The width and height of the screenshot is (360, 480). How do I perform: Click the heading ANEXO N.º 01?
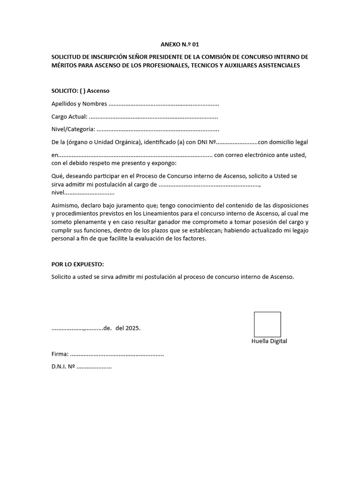tap(180, 45)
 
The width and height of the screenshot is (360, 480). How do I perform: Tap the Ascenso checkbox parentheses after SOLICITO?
tap(82, 90)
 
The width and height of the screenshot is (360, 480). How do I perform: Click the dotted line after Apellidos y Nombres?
tap(164, 104)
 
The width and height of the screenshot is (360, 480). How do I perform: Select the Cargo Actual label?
tap(69, 116)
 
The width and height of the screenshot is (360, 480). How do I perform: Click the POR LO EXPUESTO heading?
tap(77, 264)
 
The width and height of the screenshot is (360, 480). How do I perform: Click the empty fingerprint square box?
tap(267, 324)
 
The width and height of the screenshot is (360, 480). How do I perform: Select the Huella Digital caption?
tap(269, 341)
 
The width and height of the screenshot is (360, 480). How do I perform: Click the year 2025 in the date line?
tap(133, 328)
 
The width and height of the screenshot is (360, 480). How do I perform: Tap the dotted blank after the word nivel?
tap(89, 193)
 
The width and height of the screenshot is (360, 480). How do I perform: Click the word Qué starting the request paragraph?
tap(56, 176)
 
